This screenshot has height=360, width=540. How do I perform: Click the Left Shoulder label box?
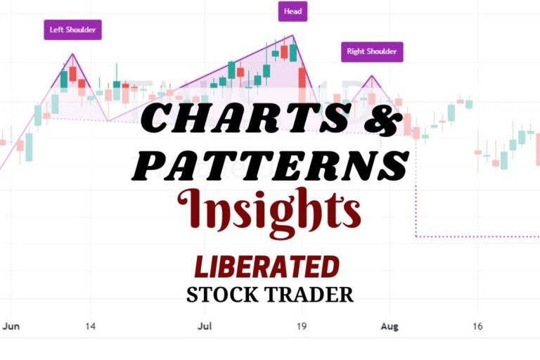(x=72, y=30)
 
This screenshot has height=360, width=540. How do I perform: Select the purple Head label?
(x=292, y=12)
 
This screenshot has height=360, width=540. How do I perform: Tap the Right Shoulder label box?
(x=372, y=51)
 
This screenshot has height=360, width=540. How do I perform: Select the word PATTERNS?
(x=270, y=165)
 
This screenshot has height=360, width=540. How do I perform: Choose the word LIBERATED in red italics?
(x=267, y=267)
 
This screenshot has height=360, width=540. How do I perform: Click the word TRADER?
(x=314, y=295)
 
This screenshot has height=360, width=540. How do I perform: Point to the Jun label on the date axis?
(x=11, y=326)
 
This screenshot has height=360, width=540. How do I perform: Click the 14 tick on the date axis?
(x=91, y=326)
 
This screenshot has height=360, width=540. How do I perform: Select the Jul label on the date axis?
(x=205, y=326)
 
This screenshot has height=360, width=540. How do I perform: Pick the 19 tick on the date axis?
(x=300, y=326)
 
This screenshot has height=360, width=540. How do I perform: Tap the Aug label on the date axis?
(x=389, y=326)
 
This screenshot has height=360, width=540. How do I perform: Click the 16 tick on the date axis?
(x=477, y=326)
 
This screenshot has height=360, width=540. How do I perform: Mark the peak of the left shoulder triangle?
(x=72, y=53)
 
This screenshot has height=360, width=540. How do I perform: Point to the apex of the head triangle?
(x=292, y=35)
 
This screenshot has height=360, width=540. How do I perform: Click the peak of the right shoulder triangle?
(x=371, y=75)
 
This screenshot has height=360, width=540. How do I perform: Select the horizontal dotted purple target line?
(x=478, y=237)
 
